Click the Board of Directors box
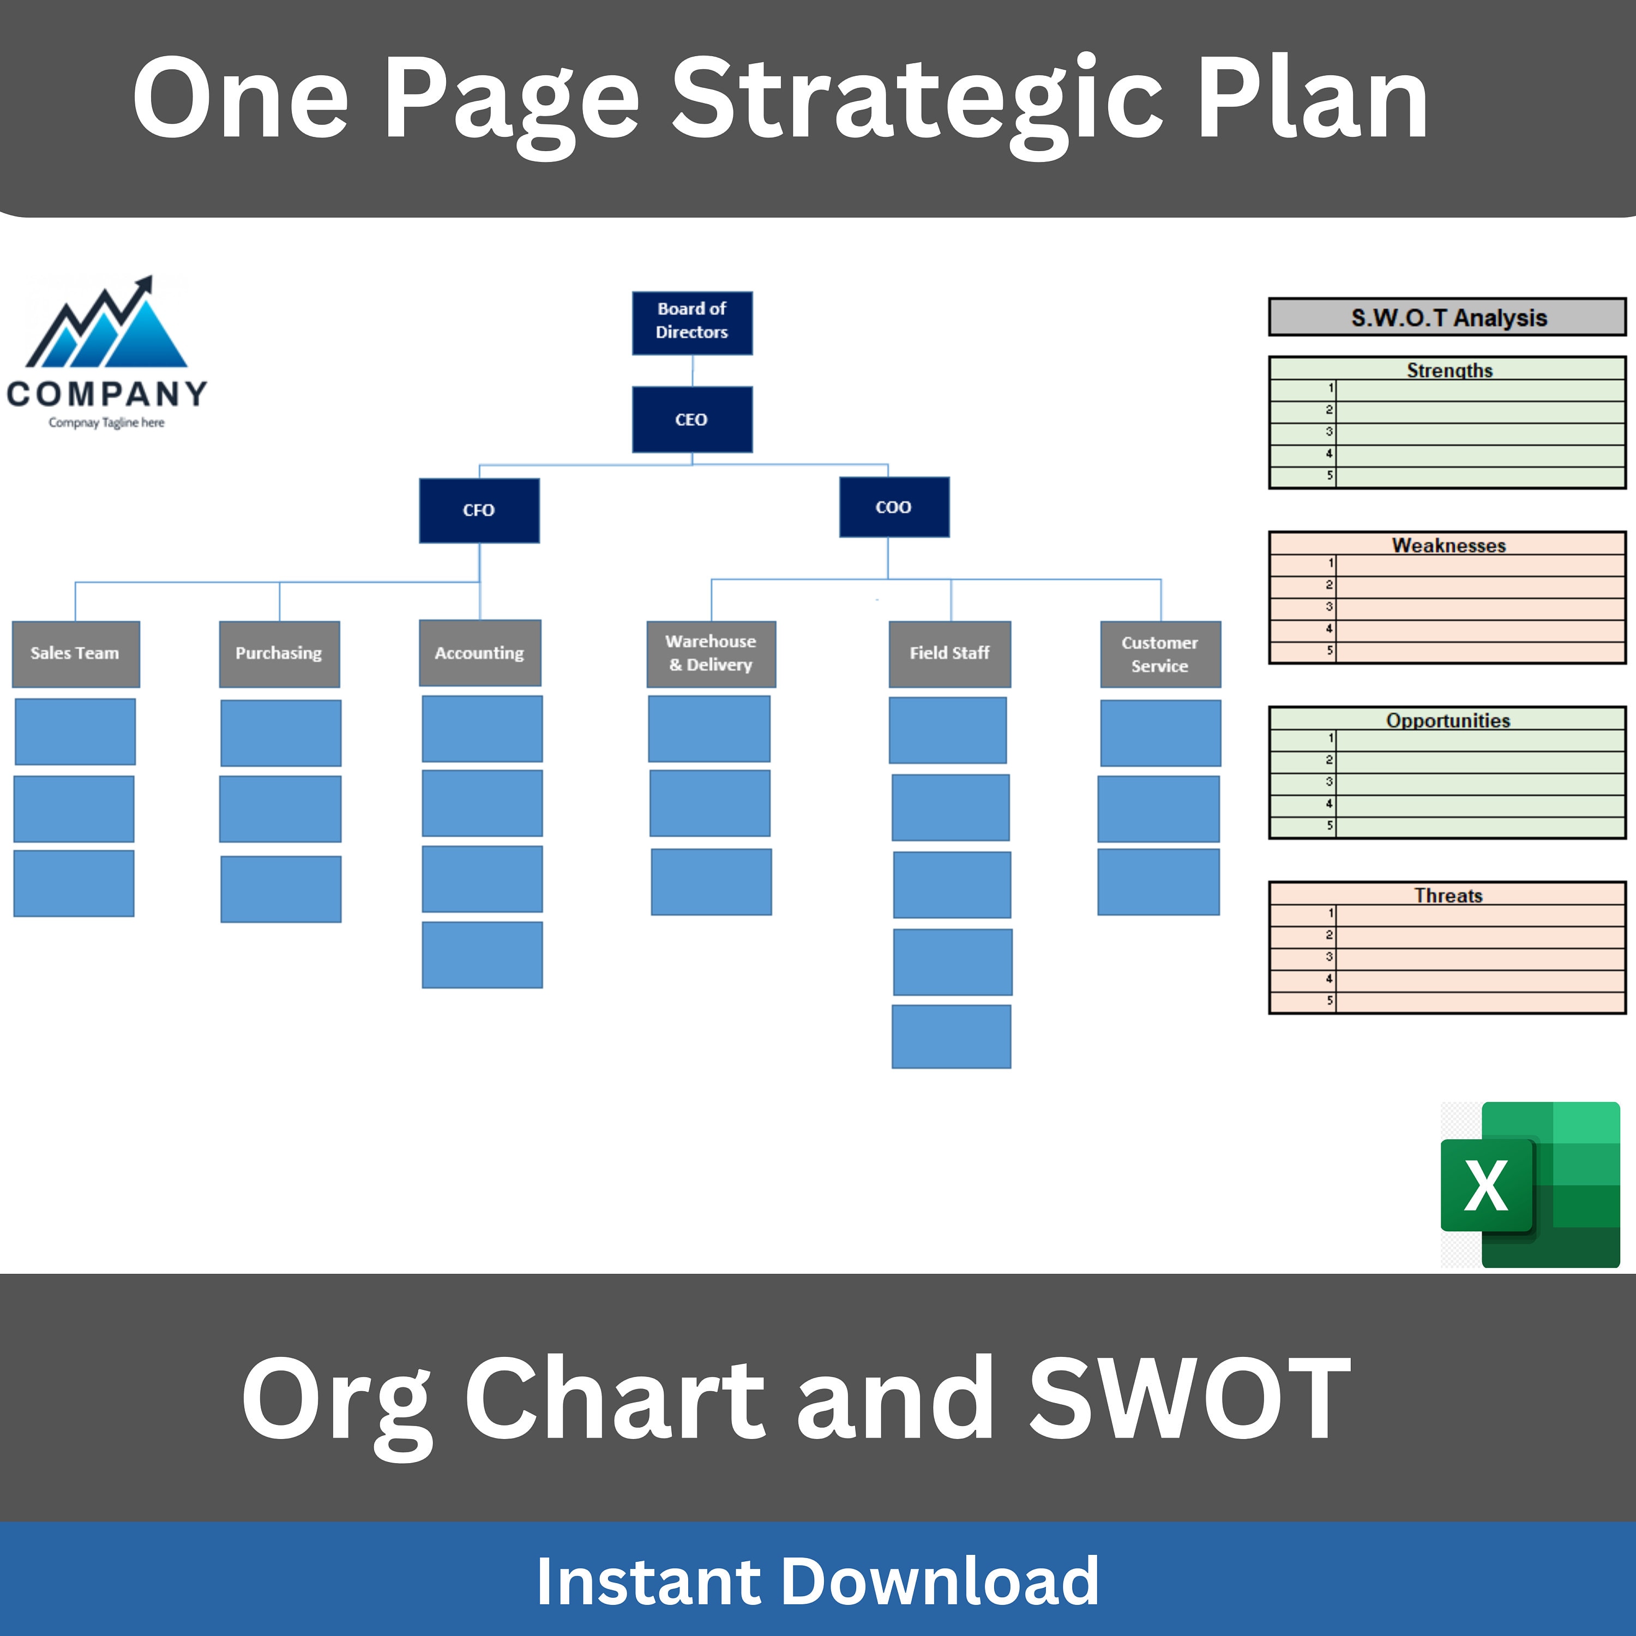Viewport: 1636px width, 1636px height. pyautogui.click(x=692, y=323)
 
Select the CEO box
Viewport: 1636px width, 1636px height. pyautogui.click(x=692, y=419)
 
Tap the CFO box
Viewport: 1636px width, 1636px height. pyautogui.click(x=479, y=510)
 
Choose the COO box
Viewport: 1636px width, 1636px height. pyautogui.click(x=894, y=507)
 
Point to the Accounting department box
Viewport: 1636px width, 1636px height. pyautogui.click(x=480, y=653)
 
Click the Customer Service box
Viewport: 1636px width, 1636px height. pyautogui.click(x=1160, y=654)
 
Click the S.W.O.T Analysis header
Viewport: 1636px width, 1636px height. pyautogui.click(x=1447, y=317)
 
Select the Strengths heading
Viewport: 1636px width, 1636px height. pyautogui.click(x=1449, y=370)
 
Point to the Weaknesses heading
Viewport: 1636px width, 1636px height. pyautogui.click(x=1449, y=545)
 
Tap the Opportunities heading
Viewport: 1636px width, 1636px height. pyautogui.click(x=1448, y=720)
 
